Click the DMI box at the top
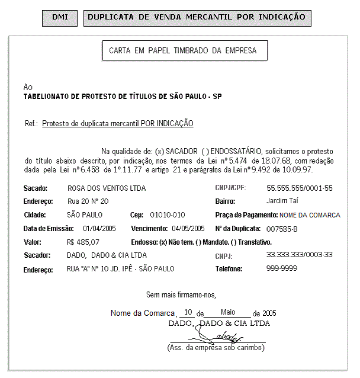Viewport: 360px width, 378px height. tap(60, 18)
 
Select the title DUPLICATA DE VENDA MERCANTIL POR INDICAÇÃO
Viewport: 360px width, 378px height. tap(197, 18)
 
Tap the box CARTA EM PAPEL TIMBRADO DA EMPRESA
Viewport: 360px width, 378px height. tap(183, 51)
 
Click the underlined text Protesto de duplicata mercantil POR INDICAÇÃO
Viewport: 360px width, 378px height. tap(118, 124)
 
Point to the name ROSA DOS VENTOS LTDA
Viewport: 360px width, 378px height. tap(106, 188)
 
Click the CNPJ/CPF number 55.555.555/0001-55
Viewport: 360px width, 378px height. tap(300, 188)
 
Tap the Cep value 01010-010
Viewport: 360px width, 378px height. tap(168, 215)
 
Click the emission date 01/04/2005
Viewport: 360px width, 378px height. tap(99, 229)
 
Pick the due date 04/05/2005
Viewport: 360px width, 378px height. tap(188, 229)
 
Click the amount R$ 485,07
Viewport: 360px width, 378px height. tap(83, 242)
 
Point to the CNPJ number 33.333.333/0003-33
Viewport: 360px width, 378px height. tap(300, 255)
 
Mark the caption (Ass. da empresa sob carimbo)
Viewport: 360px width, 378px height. tap(216, 348)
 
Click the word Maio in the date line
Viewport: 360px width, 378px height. tap(228, 312)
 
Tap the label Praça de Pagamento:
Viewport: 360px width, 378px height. tap(246, 215)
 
